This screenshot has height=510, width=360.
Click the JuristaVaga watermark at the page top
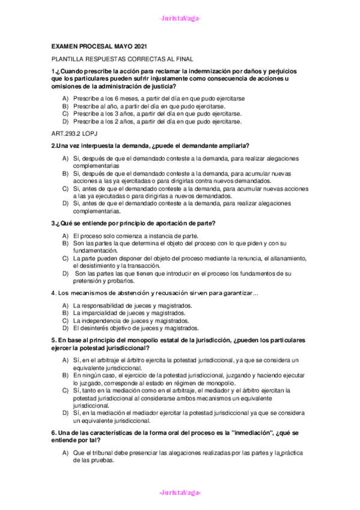[x=180, y=18]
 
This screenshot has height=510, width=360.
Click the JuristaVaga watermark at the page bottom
[x=180, y=493]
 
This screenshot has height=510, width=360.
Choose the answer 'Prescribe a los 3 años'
[x=157, y=114]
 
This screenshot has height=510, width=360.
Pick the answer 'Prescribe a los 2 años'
[x=157, y=121]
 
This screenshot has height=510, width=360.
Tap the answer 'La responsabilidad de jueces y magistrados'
[x=132, y=306]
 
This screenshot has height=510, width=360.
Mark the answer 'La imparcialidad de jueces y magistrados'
[x=129, y=313]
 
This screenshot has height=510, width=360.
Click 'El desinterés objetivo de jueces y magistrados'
[x=135, y=329]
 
